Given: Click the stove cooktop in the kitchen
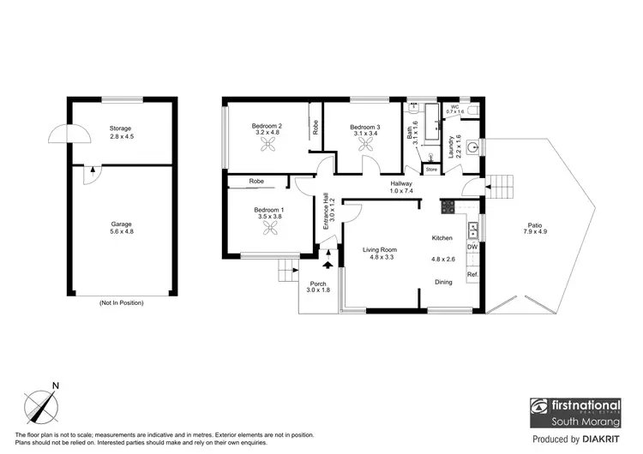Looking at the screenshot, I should pos(447,206).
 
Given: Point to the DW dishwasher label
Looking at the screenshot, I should pos(472,248).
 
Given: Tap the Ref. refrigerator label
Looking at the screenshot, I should pos(472,274).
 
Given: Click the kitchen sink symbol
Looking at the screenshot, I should pos(472,229).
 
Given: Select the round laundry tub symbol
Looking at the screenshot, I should pos(472,146).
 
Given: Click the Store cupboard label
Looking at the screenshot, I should pos(431,170).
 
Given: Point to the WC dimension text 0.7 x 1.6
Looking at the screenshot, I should pos(454,112).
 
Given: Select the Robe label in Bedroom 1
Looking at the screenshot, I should pos(256,182).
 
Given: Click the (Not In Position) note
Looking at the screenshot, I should pos(121,303).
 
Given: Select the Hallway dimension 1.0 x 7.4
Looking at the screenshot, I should pos(402,191).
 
